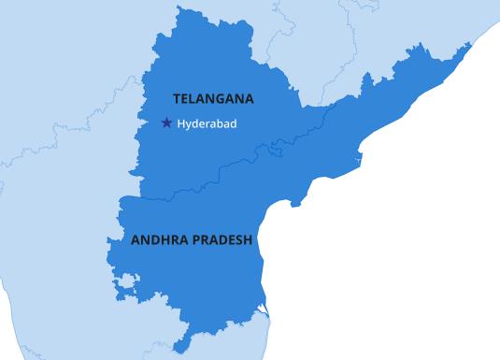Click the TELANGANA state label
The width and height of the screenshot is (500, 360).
tap(213, 98)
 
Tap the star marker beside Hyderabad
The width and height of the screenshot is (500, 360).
tap(166, 122)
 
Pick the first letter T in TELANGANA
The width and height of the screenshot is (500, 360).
tap(177, 98)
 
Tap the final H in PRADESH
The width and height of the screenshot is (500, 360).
tap(249, 239)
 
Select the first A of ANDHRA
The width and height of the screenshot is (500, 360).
tap(136, 239)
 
